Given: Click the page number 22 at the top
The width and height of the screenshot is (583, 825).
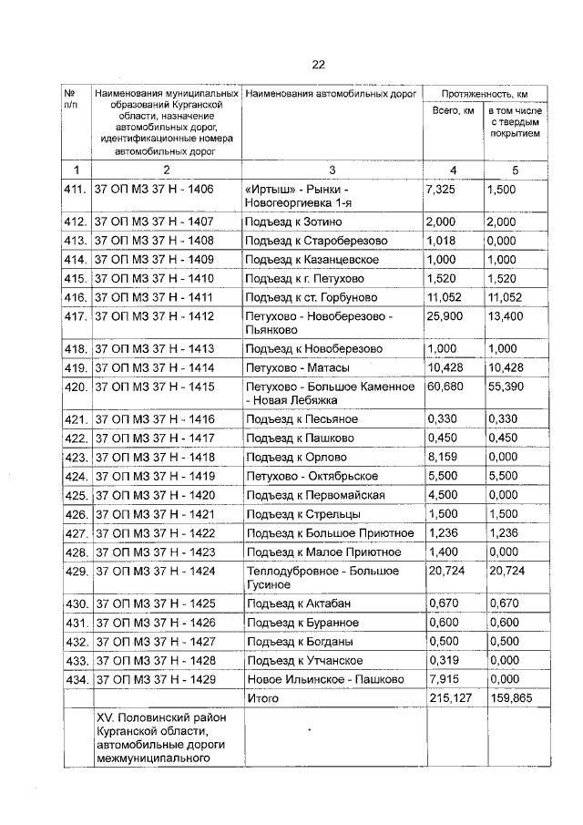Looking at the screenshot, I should coord(318,64).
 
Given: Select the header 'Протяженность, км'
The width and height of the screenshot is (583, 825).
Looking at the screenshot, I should coord(485,94).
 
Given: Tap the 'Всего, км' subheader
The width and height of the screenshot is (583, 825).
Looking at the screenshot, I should coord(453,110).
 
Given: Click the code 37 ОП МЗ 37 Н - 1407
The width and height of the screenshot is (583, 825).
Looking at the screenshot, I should coord(154,222).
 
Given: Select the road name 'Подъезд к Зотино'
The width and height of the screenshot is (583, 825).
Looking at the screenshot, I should coord(292,222).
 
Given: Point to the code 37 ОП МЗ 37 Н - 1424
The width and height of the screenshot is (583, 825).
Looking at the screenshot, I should coord(154,571).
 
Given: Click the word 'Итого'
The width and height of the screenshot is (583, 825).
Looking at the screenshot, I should coord(262,697).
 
